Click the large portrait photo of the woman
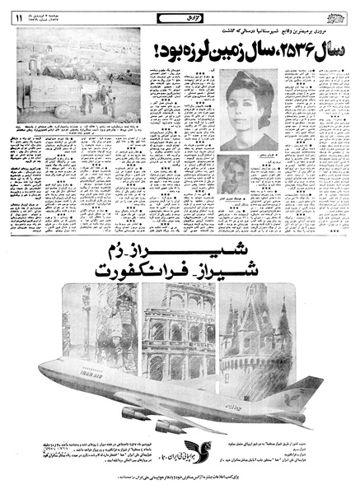[x=250, y=110]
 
